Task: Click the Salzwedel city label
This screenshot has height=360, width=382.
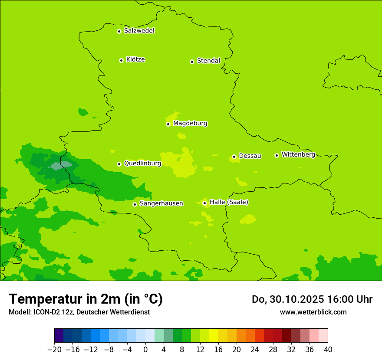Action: click(x=139, y=31)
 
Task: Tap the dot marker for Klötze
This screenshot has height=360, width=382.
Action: click(x=121, y=60)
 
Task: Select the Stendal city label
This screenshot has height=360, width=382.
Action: click(x=208, y=61)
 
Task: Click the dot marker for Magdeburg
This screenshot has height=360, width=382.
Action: click(x=168, y=124)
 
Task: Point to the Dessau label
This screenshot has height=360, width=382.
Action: click(x=250, y=156)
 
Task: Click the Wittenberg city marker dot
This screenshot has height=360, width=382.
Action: click(x=277, y=155)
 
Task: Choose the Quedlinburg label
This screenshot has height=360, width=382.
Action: click(x=142, y=164)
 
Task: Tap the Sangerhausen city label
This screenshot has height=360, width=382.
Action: click(x=161, y=203)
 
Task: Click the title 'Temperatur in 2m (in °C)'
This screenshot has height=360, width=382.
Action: click(x=86, y=299)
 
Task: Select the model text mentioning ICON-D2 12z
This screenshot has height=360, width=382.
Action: click(x=79, y=312)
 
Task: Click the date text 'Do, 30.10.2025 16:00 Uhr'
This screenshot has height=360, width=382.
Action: click(x=312, y=299)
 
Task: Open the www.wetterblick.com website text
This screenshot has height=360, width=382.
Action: click(x=313, y=312)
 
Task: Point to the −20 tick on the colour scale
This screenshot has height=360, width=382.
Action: click(x=54, y=350)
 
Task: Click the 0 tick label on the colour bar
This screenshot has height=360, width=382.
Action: click(x=145, y=350)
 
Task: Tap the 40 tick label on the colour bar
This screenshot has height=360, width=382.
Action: click(x=328, y=350)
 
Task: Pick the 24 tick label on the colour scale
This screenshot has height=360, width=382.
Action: click(x=255, y=350)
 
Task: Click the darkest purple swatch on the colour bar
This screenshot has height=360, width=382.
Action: click(x=59, y=336)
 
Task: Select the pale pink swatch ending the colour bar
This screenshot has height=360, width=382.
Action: click(x=323, y=336)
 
